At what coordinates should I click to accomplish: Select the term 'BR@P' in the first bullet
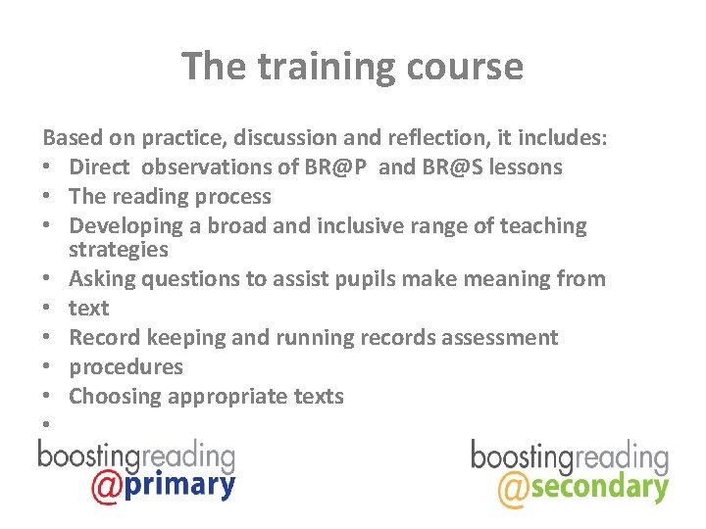336,168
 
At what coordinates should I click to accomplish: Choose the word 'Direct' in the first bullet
102,168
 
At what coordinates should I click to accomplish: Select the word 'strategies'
119,250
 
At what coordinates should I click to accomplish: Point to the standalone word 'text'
89,309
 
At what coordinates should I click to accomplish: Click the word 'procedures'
126,367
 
